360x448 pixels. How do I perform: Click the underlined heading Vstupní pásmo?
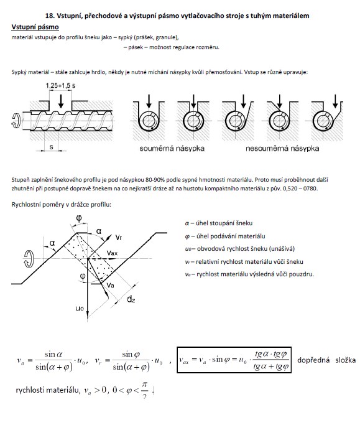[x=35, y=27]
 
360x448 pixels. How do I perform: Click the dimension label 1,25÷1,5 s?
[x=60, y=85]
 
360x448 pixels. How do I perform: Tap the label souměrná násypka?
[x=172, y=148]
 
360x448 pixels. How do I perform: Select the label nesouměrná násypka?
[x=282, y=148]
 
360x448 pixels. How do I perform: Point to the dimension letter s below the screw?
[x=51, y=147]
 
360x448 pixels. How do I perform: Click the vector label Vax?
[x=112, y=253]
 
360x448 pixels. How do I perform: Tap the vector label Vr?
[x=119, y=238]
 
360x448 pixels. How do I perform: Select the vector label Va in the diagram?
[x=111, y=285]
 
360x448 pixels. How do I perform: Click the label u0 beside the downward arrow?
[x=80, y=308]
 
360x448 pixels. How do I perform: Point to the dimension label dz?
[x=131, y=299]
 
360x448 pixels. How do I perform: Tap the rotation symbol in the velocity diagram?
[x=29, y=259]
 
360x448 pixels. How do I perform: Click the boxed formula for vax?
[x=234, y=360]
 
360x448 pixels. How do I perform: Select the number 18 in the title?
[x=49, y=16]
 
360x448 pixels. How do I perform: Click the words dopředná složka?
[x=326, y=360]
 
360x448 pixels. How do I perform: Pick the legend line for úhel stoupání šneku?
[x=219, y=223]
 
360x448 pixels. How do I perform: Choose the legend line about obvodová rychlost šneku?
[x=240, y=248]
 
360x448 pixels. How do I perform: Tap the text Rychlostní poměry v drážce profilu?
[x=62, y=205]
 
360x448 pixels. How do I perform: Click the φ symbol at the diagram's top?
[x=79, y=218]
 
